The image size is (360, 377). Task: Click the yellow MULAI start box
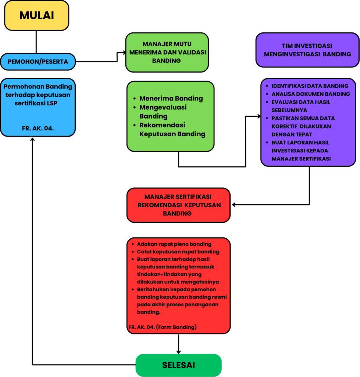pos(37,15)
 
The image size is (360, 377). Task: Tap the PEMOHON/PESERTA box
pos(38,62)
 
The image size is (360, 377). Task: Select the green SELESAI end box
pos(178,365)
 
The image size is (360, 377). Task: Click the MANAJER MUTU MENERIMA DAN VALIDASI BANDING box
pos(167,52)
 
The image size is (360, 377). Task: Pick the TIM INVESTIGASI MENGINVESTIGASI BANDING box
pos(307,50)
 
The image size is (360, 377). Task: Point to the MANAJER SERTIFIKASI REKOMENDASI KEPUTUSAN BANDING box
pos(178,205)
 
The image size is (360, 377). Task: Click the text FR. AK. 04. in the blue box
pos(38,128)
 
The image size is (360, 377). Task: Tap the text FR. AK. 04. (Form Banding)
pos(163,327)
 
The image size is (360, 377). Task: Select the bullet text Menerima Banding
pos(171,98)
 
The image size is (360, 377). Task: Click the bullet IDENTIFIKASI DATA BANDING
pos(310,86)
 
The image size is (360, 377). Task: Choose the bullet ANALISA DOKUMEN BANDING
pos(311,94)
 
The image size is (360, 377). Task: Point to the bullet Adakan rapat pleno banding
pos(174,244)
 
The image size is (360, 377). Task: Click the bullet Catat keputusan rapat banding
pos(178,252)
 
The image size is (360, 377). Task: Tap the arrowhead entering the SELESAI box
pos(178,352)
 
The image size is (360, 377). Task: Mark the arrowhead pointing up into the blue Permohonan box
pos(32,139)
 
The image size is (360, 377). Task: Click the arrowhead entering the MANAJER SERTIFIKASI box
pos(234,205)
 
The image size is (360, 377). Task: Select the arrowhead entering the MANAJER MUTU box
pos(124,52)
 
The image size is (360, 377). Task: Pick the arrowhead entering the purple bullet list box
pos(259,116)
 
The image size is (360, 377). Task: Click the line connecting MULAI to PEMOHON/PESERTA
pos(36,42)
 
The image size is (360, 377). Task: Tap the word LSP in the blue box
pos(52,103)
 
